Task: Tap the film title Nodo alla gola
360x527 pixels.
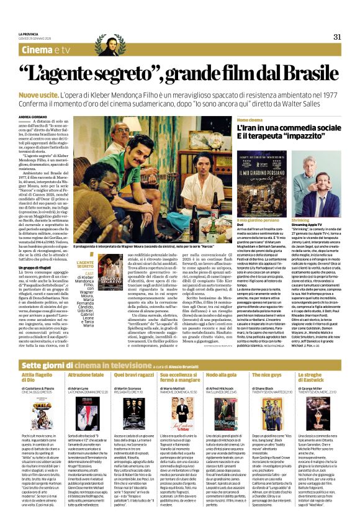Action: (221, 358)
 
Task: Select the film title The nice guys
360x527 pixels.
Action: (268, 358)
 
